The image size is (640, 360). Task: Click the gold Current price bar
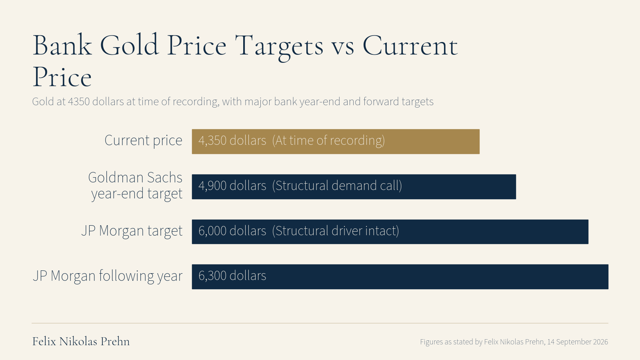pos(336,142)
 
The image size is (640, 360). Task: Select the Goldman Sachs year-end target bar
pos(354,186)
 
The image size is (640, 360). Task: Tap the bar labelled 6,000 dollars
pos(390,232)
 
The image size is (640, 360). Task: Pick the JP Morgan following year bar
pos(400,276)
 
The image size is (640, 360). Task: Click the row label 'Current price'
pos(144,140)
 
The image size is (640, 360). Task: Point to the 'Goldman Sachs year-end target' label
pos(135,186)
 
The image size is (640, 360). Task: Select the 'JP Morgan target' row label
pos(132,231)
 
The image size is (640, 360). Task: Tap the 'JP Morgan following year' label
pos(108,276)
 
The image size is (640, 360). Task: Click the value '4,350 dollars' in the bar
pos(232,140)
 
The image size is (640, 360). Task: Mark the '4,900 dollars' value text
pos(232,186)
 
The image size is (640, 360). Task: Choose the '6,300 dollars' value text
pos(232,276)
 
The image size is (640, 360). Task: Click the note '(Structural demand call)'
pos(337,186)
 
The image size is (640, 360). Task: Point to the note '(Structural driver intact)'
pos(336,231)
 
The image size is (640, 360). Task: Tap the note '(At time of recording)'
pos(328,140)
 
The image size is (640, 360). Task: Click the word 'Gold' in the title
pos(129,44)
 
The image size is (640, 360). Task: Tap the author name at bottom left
pos(81,342)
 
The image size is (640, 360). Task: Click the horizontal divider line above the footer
pos(320,323)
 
